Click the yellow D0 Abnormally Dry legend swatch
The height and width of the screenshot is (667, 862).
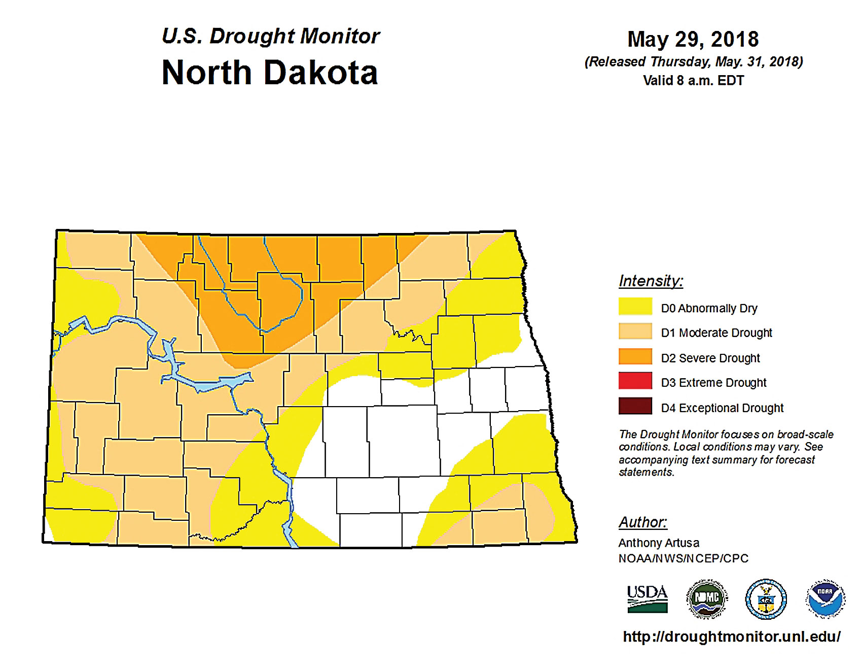[x=635, y=307]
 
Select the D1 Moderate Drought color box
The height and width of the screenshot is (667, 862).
[x=635, y=331]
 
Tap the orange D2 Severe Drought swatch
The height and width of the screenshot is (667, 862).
[x=635, y=356]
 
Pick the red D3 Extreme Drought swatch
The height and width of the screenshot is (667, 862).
[x=635, y=381]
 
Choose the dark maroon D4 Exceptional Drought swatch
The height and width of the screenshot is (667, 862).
[x=635, y=406]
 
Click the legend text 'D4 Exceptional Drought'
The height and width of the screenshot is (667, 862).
[x=722, y=408]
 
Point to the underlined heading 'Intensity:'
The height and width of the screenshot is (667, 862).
[x=651, y=281]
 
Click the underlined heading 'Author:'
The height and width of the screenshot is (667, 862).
[x=642, y=522]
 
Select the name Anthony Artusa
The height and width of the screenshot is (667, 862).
[x=658, y=543]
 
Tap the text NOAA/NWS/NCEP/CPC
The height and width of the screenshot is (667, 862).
[x=683, y=558]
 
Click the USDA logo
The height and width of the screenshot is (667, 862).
[x=647, y=599]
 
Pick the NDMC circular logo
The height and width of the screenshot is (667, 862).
[x=707, y=599]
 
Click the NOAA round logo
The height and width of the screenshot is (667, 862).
[x=825, y=599]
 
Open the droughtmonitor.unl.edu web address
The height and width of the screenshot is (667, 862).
[x=731, y=637]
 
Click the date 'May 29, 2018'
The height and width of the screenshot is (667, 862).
[x=693, y=39]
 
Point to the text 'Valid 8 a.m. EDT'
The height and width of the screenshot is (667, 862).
[x=693, y=81]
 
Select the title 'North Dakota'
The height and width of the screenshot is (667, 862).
[x=269, y=73]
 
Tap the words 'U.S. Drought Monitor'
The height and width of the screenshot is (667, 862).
[x=270, y=36]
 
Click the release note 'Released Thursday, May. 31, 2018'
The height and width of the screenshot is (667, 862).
[x=693, y=62]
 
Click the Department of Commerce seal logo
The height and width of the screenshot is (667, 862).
[x=766, y=599]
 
